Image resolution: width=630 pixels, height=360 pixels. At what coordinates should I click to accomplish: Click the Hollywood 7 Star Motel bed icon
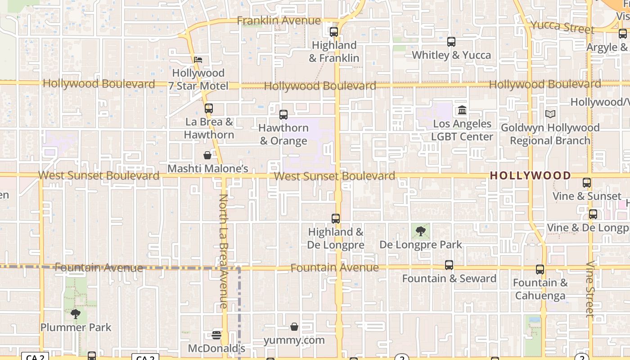[x=198, y=60]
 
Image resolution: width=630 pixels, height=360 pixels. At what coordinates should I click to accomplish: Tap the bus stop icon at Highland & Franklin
[x=333, y=32]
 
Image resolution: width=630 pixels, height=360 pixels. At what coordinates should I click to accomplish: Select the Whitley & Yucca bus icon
[x=451, y=42]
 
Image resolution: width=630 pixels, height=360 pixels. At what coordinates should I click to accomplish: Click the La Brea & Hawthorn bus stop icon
[x=208, y=108]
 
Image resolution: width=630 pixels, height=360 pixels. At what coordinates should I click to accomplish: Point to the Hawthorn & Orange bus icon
[x=283, y=115]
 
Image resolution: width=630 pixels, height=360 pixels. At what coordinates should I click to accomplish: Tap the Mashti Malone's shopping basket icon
[x=207, y=155]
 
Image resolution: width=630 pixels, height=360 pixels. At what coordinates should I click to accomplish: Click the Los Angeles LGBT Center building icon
[x=462, y=110]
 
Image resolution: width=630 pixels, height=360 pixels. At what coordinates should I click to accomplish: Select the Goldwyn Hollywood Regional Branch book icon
[x=550, y=114]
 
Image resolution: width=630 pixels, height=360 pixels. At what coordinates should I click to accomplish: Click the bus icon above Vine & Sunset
[x=586, y=183]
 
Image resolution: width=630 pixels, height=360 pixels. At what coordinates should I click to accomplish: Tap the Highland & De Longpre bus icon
[x=335, y=219]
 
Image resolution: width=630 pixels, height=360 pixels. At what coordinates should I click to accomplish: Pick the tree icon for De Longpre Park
[x=421, y=231]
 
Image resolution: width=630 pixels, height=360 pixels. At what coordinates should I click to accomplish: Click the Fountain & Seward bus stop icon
[x=449, y=265]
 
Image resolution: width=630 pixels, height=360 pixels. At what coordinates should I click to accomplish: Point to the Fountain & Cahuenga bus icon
[x=540, y=270]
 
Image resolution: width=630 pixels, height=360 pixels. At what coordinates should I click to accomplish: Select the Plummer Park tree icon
[x=76, y=314]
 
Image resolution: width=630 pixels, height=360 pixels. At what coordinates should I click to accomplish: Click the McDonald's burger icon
[x=216, y=335]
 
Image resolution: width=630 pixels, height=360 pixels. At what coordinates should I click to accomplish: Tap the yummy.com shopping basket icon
[x=294, y=327]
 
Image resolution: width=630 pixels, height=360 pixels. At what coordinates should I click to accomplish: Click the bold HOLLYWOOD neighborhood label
[x=530, y=175]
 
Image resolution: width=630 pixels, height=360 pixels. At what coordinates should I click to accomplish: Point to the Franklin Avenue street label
[x=279, y=21]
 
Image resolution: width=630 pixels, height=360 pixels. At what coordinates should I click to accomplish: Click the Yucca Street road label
[x=562, y=27]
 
